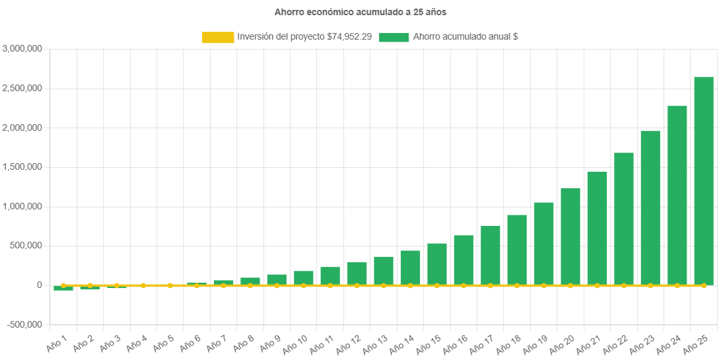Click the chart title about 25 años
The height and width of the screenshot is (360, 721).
click(x=360, y=12)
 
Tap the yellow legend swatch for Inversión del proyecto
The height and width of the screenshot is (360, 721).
click(x=218, y=38)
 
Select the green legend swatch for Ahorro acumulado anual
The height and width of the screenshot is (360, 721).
click(x=394, y=38)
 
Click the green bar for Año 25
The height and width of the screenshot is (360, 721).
click(x=703, y=181)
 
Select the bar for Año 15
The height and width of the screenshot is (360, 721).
click(x=436, y=264)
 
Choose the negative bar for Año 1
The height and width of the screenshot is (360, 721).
click(x=63, y=288)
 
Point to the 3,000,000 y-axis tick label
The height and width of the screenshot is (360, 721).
click(x=23, y=48)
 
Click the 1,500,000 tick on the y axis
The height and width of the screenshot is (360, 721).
click(x=23, y=167)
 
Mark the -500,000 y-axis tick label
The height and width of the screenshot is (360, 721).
click(x=25, y=324)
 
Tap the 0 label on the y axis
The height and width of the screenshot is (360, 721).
click(x=40, y=285)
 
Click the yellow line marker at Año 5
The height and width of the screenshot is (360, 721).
click(x=170, y=285)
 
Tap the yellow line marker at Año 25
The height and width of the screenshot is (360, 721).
click(x=703, y=285)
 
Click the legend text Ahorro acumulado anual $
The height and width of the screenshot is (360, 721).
click(x=465, y=38)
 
